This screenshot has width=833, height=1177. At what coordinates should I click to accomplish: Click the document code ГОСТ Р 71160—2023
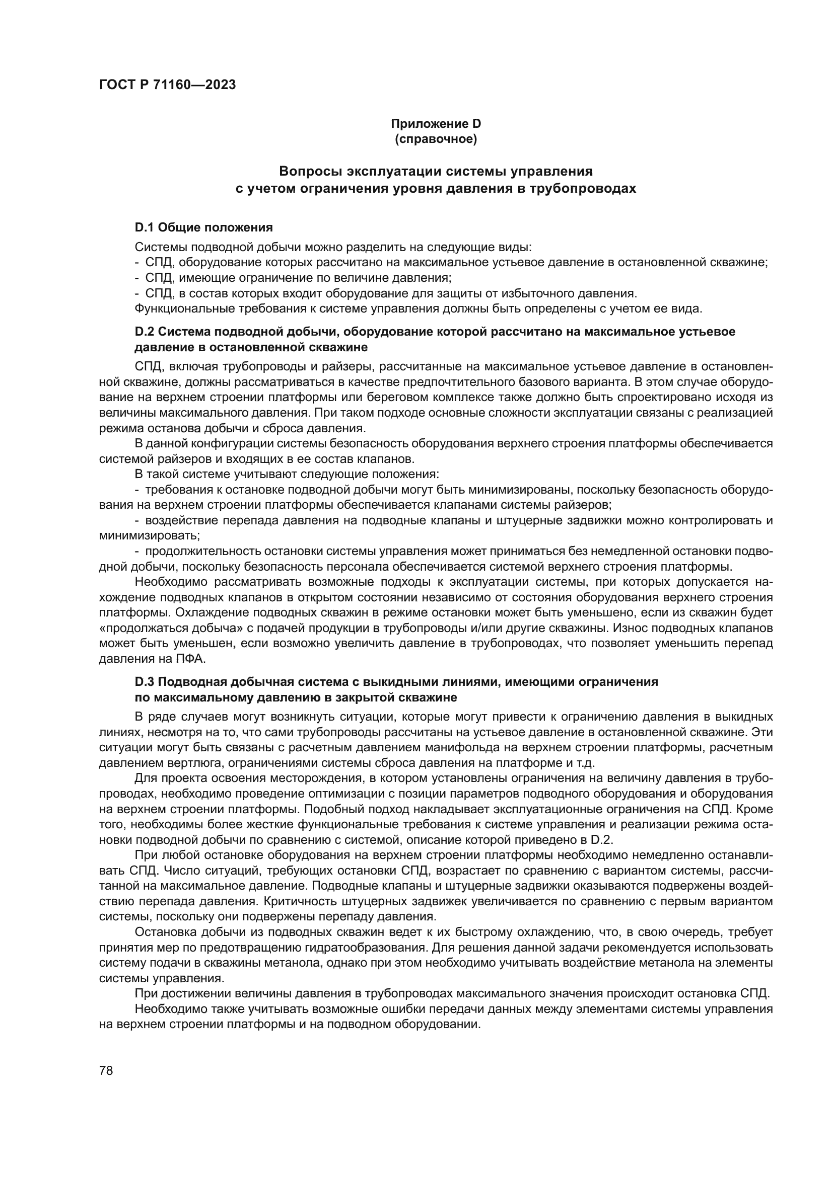coord(167,85)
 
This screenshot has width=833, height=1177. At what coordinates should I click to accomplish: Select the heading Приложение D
coord(436,124)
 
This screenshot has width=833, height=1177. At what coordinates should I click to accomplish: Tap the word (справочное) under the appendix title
coord(436,139)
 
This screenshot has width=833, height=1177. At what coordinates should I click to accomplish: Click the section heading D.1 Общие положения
coord(203,227)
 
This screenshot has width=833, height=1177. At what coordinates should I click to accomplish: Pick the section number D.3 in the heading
coord(145,682)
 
